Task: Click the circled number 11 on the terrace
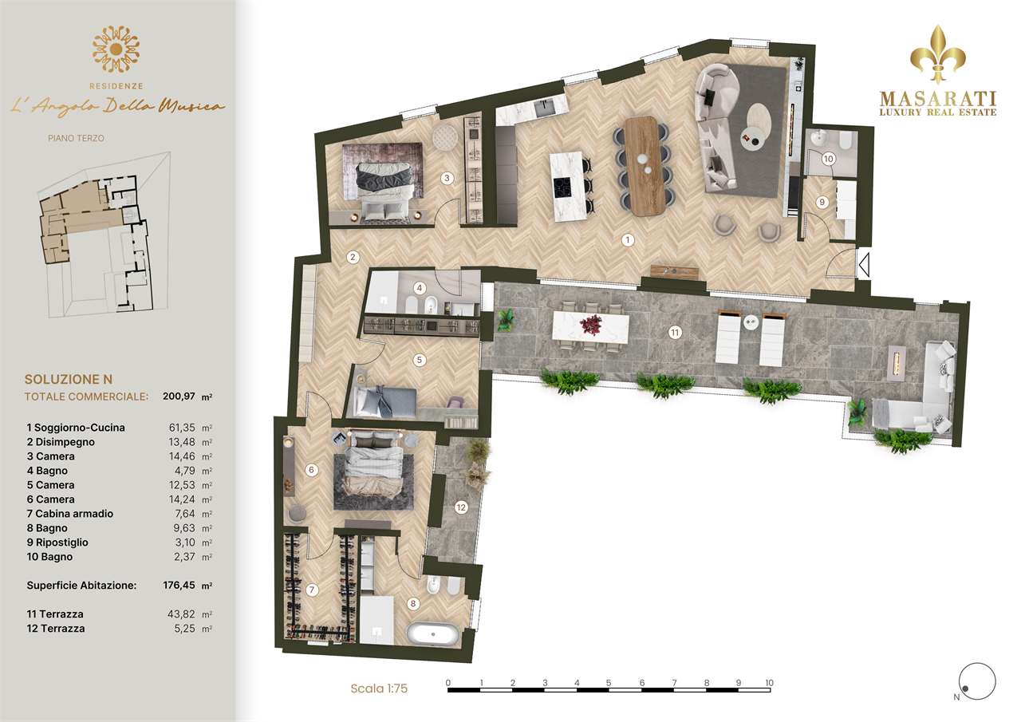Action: tap(675, 333)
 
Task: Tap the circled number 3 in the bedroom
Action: tap(447, 178)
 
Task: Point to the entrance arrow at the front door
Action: tap(864, 264)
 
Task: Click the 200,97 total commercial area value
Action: tap(179, 396)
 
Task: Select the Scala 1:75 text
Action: tap(379, 688)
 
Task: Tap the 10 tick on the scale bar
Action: tap(770, 683)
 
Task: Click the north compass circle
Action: tap(977, 681)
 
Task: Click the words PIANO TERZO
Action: tap(76, 138)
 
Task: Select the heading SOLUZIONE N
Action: tap(69, 379)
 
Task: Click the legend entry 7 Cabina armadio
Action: tap(69, 514)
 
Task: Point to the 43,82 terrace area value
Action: tap(181, 614)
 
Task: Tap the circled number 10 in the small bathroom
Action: tap(828, 159)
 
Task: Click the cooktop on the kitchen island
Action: tap(562, 187)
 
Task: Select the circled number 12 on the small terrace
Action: tap(461, 507)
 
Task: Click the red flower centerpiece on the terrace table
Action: tap(591, 325)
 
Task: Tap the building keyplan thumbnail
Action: tap(104, 235)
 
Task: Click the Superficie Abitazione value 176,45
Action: tap(179, 586)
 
